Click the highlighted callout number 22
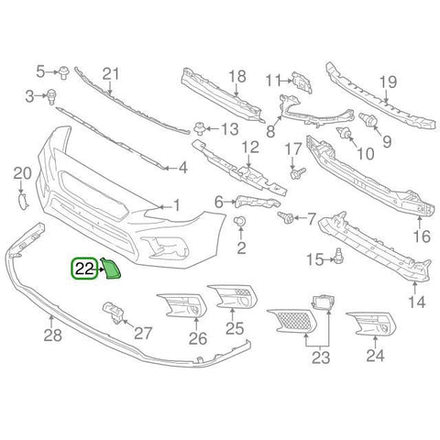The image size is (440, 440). (83, 269)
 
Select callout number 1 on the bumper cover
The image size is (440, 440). (177, 206)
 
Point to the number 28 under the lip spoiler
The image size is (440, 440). (52, 335)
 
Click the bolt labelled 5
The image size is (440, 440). (66, 71)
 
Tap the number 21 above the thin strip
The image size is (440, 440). (111, 73)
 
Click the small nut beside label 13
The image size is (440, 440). (200, 127)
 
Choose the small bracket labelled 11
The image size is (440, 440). (299, 81)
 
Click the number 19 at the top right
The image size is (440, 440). (386, 80)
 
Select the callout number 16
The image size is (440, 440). (421, 236)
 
